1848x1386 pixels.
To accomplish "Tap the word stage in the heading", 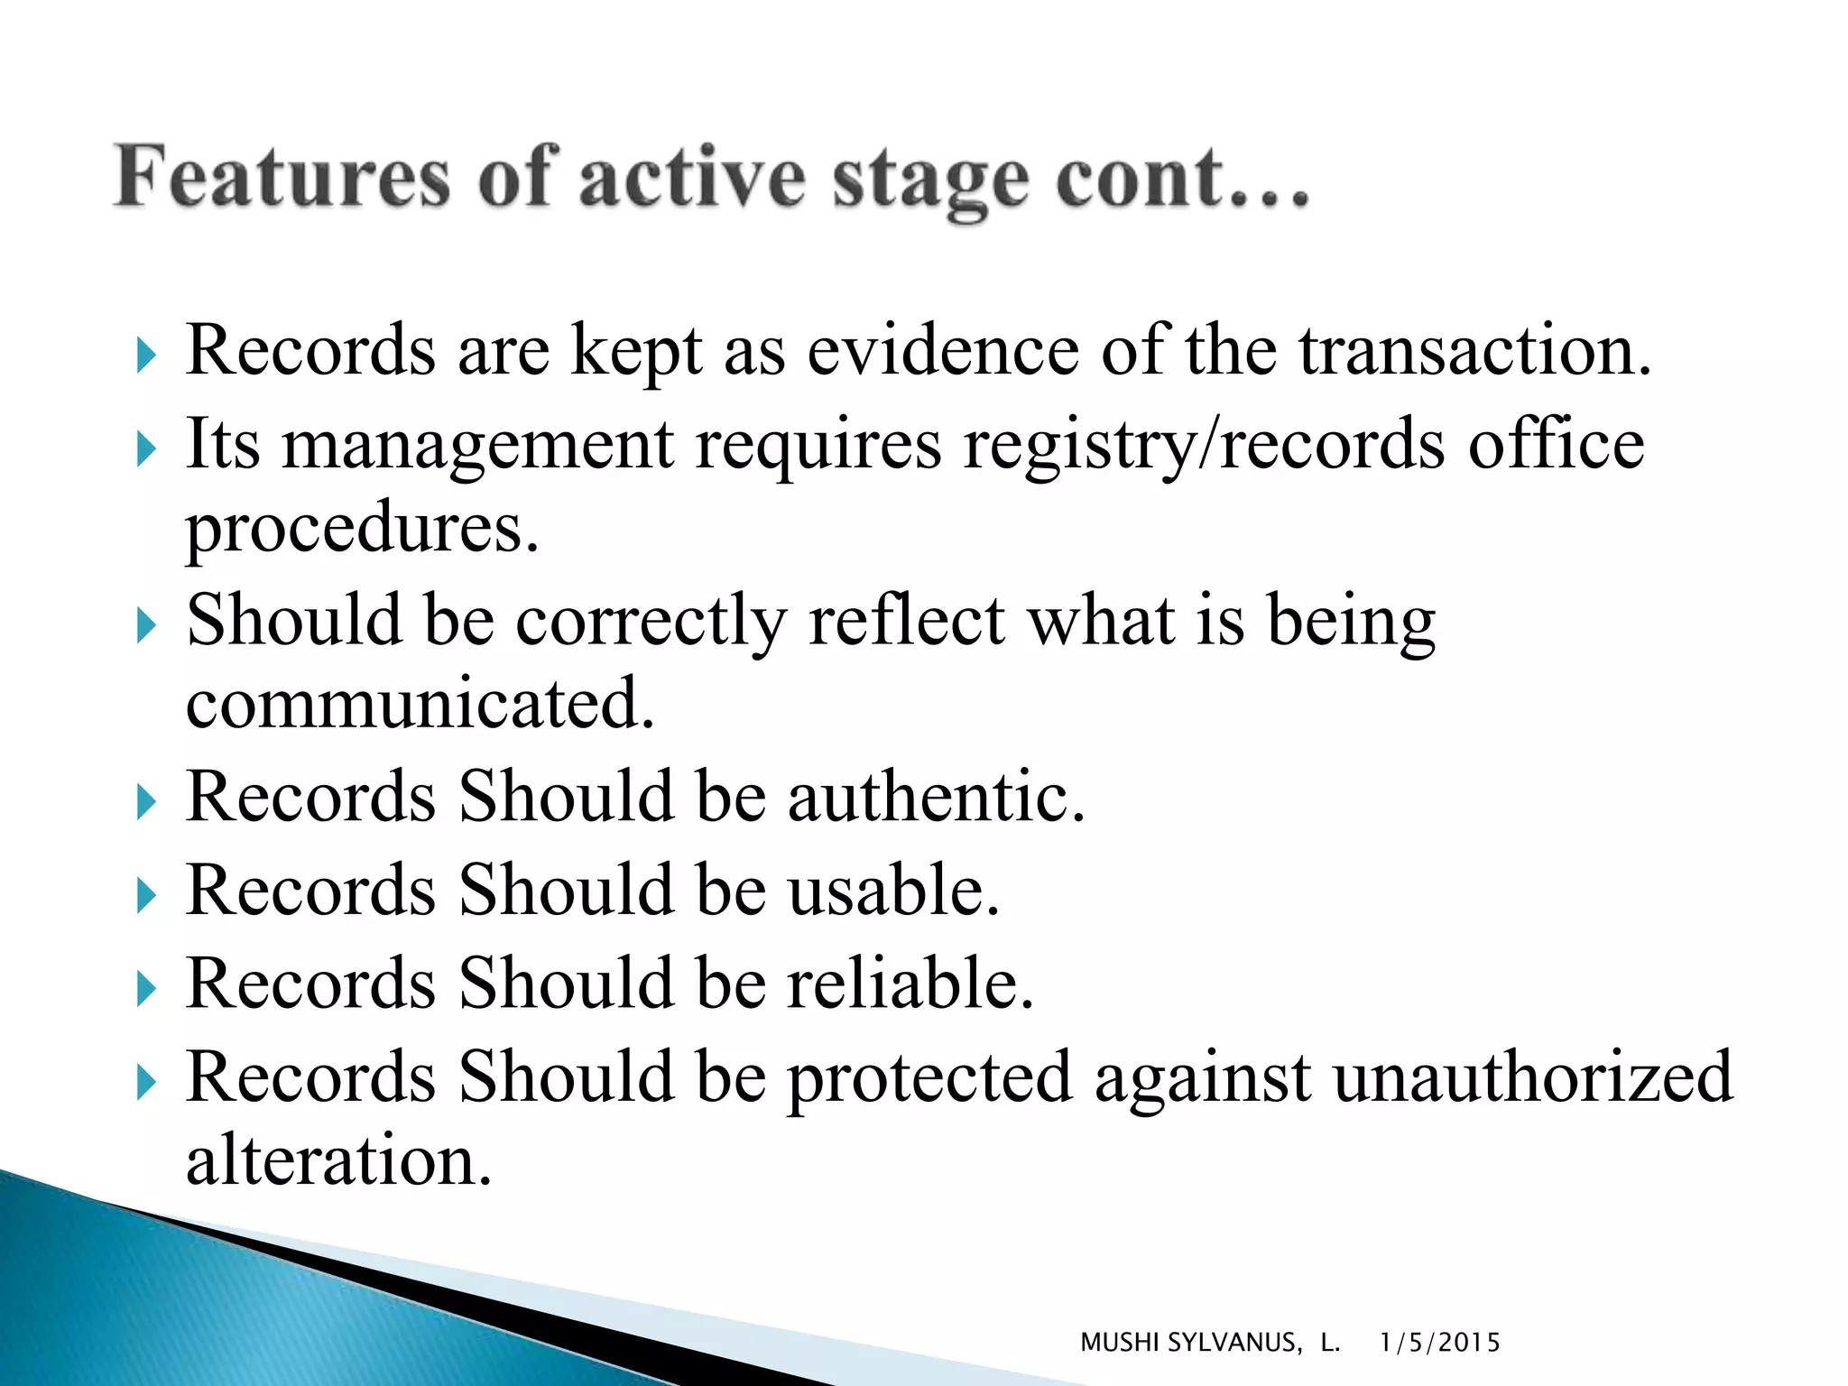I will click(x=929, y=180).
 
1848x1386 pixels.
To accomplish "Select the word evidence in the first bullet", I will click(x=942, y=350).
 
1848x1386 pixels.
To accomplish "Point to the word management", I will click(x=477, y=445).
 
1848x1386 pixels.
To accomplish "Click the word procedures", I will click(x=362, y=528).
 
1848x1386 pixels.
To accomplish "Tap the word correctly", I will click(x=651, y=622).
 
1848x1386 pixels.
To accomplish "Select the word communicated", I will click(x=420, y=703).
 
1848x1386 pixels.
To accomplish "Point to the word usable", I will click(x=893, y=891).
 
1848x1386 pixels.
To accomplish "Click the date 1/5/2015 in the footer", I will click(x=1439, y=1343).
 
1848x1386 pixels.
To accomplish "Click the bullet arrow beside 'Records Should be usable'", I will click(x=146, y=896).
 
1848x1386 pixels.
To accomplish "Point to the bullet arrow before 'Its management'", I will click(x=146, y=449).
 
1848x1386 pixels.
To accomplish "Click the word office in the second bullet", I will click(x=1556, y=445).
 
